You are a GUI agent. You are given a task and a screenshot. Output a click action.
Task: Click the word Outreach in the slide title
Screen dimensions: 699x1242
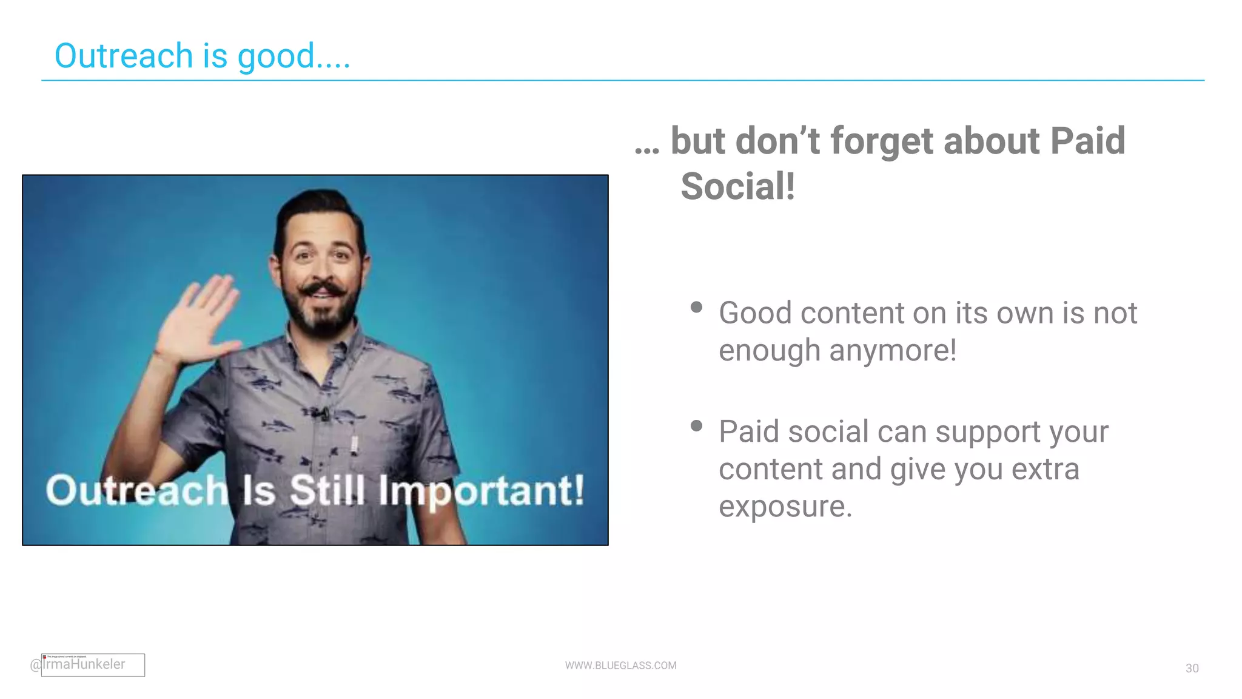(x=124, y=56)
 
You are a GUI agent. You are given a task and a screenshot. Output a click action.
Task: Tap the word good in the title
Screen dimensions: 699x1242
(x=276, y=57)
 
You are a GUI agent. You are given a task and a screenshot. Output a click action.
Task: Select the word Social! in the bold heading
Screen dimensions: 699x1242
(x=737, y=186)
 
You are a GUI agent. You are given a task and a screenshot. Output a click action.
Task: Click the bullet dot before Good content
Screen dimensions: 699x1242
(x=696, y=307)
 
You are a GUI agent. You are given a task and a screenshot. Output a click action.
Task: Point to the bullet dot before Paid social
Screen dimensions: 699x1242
(x=696, y=426)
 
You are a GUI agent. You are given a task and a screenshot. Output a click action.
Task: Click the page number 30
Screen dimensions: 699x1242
(x=1192, y=668)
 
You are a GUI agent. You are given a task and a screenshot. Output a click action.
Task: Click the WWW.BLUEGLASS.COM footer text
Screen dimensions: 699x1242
(x=620, y=666)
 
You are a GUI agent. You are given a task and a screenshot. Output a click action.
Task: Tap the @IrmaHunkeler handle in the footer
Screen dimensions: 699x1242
(x=79, y=664)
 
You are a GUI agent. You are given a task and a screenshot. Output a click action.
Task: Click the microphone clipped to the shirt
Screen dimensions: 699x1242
(x=321, y=414)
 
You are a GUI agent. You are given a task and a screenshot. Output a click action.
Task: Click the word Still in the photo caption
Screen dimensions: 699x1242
(x=327, y=490)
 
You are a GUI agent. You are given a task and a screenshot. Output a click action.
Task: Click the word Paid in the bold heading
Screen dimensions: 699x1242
(x=1087, y=141)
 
